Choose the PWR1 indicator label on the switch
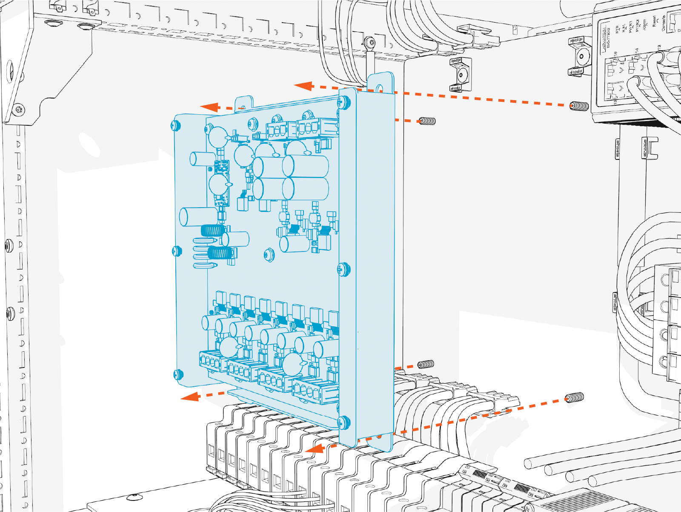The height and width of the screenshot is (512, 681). tap(631, 28)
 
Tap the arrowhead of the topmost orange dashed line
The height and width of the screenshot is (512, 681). tap(303, 86)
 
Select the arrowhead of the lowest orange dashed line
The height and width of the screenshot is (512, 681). tap(314, 448)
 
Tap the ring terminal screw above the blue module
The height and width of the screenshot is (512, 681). tap(371, 42)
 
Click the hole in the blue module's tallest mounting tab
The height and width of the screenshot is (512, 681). tap(380, 89)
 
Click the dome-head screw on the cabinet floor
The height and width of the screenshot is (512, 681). tap(134, 497)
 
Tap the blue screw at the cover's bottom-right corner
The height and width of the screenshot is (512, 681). tap(343, 422)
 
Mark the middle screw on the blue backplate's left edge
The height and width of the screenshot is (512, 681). tap(177, 251)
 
